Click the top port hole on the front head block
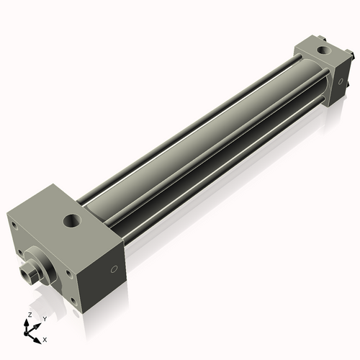[72, 220]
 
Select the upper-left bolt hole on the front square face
[14, 224]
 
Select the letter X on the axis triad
[45, 338]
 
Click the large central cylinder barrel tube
[194, 144]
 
